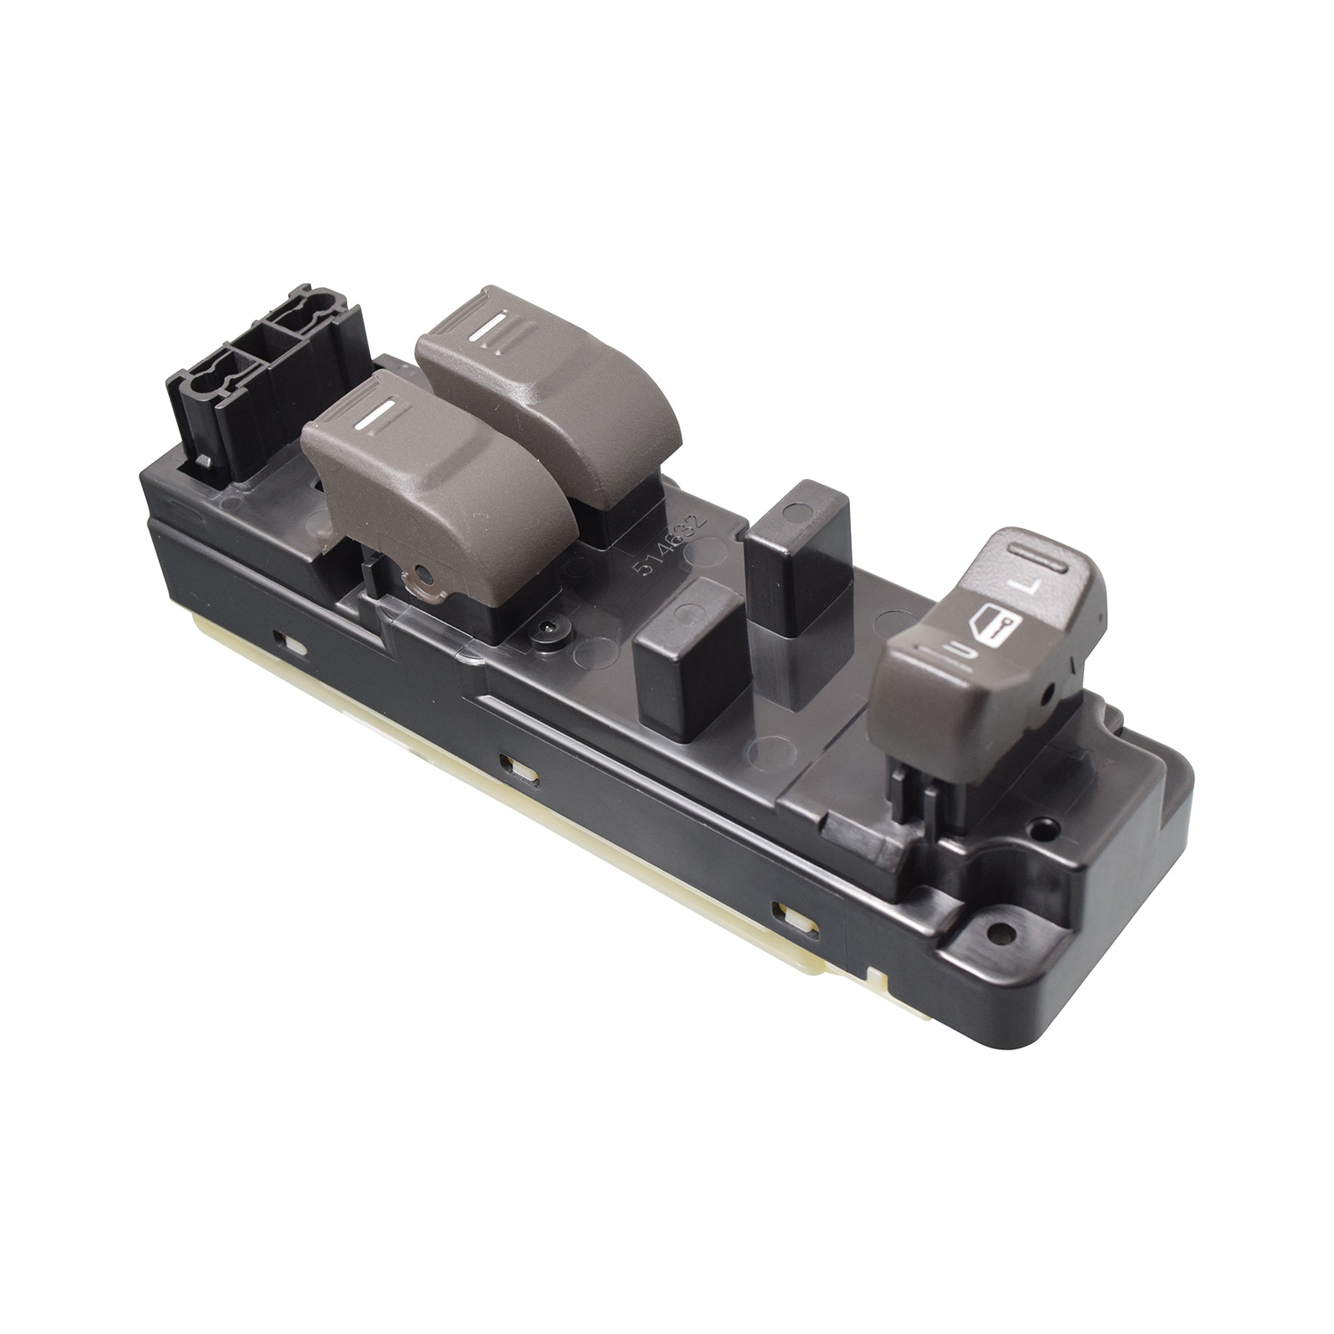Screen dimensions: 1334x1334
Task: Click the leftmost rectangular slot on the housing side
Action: point(282,639)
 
